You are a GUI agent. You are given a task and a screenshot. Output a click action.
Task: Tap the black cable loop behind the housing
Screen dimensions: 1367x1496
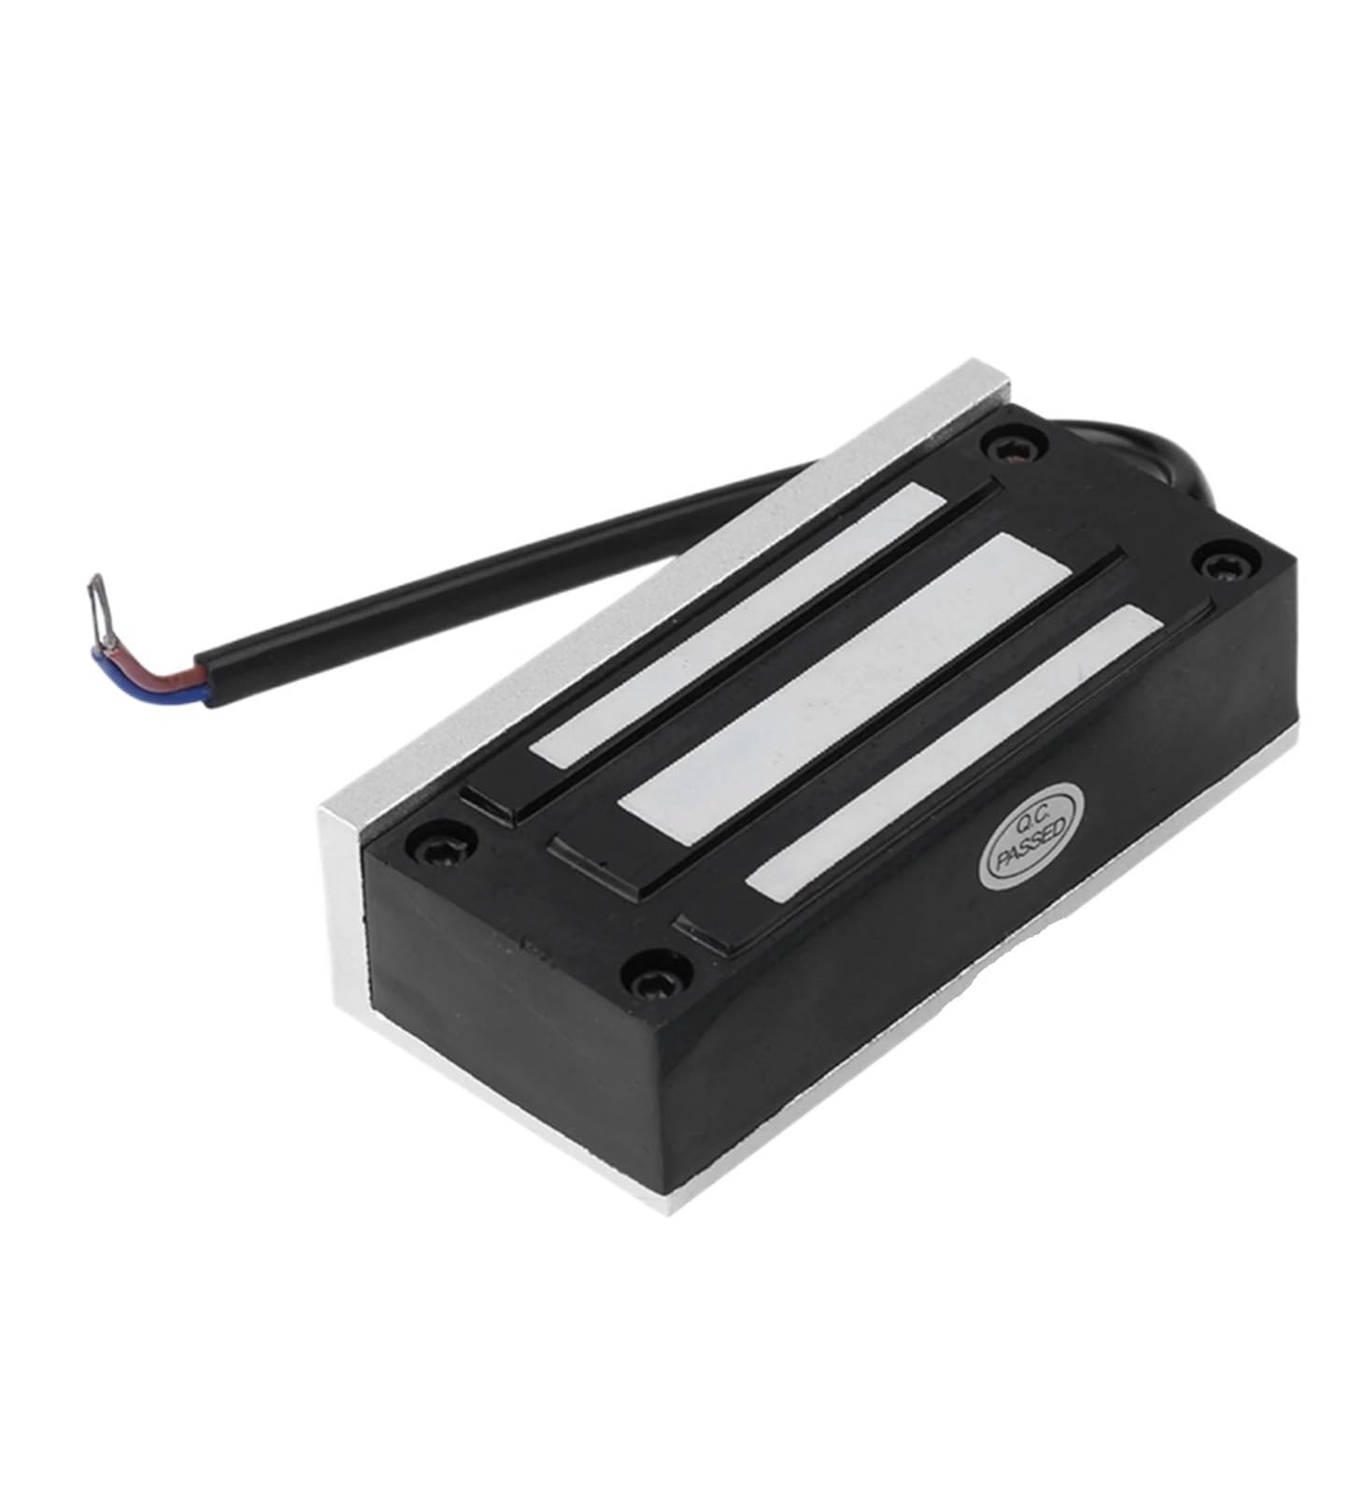click(1135, 476)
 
